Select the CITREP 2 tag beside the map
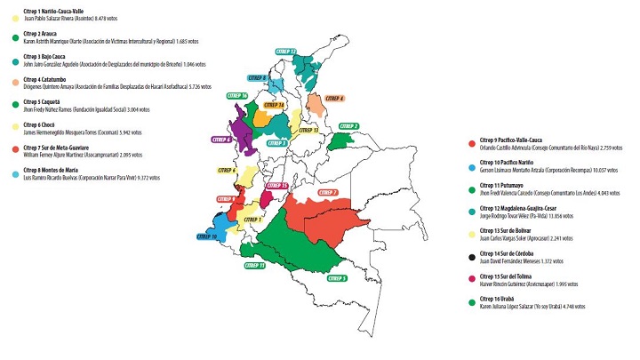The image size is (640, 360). click(348, 126)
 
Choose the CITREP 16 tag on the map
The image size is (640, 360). click(238, 95)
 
